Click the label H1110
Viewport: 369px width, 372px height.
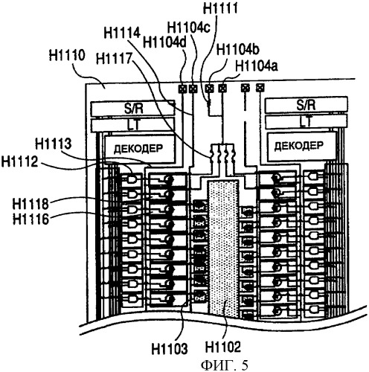[x=67, y=55]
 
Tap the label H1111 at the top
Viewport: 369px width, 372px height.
[x=220, y=7]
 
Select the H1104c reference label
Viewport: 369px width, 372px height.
[x=189, y=27]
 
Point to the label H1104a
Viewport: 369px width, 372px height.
[x=257, y=66]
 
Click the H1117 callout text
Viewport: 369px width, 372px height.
[x=114, y=59]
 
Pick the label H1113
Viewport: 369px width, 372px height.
[x=54, y=144]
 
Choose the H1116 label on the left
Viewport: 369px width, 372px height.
[x=31, y=219]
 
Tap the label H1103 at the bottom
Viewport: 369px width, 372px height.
[x=170, y=348]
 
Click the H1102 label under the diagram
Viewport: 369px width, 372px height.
[x=223, y=347]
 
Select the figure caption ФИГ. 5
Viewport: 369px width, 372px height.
[x=224, y=365]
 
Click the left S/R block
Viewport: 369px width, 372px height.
[x=132, y=108]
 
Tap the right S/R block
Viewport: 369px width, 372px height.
[x=307, y=104]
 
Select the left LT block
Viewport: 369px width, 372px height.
[x=132, y=125]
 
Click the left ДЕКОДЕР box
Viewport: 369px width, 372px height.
[x=140, y=148]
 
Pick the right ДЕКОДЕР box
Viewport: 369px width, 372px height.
[x=301, y=147]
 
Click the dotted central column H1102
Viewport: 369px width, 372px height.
[x=224, y=249]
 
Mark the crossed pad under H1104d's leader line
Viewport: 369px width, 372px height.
[x=182, y=89]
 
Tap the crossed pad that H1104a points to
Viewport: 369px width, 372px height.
[x=222, y=88]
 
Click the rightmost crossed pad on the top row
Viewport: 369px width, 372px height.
[x=260, y=87]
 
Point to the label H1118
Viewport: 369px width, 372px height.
[x=31, y=204]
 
